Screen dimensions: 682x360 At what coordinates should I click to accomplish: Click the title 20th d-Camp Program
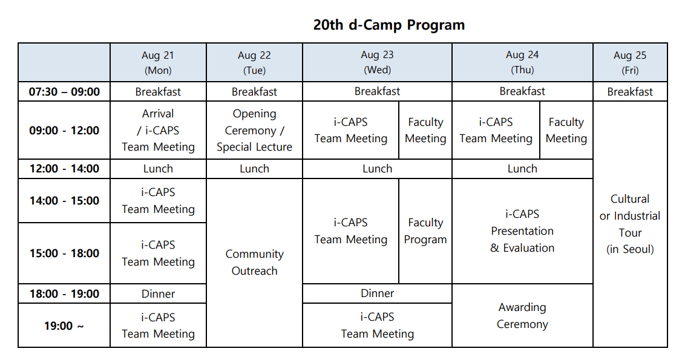[389, 25]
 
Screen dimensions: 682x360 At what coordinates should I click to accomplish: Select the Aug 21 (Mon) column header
[158, 62]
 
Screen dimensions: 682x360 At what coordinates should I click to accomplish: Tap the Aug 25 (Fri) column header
[630, 62]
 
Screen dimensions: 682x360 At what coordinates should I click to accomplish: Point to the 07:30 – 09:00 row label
[64, 92]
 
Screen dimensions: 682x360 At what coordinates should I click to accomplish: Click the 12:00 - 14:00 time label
[64, 169]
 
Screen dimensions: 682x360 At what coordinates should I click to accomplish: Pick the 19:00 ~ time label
[64, 326]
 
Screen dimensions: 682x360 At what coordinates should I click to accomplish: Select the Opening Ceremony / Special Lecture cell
[254, 131]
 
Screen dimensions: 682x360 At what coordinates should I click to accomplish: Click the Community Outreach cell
[254, 262]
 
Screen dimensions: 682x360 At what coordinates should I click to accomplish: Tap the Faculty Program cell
[425, 231]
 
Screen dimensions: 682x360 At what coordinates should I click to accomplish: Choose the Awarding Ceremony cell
[522, 316]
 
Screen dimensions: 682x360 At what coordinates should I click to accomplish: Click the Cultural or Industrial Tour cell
[630, 224]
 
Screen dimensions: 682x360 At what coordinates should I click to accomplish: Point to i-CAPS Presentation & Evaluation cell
[522, 231]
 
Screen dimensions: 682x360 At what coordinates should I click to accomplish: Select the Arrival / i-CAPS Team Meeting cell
[158, 131]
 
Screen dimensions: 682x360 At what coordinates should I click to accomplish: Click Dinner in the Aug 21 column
[158, 294]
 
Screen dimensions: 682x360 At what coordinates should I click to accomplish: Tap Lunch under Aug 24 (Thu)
[522, 169]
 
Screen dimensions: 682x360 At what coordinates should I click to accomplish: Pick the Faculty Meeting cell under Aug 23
[425, 131]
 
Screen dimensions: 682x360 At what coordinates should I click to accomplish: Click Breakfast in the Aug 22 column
[254, 92]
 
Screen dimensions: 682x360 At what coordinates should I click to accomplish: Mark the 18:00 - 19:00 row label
[64, 294]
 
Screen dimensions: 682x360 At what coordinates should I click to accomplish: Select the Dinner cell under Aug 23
[377, 293]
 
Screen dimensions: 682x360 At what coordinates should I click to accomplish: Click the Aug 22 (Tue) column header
[254, 62]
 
